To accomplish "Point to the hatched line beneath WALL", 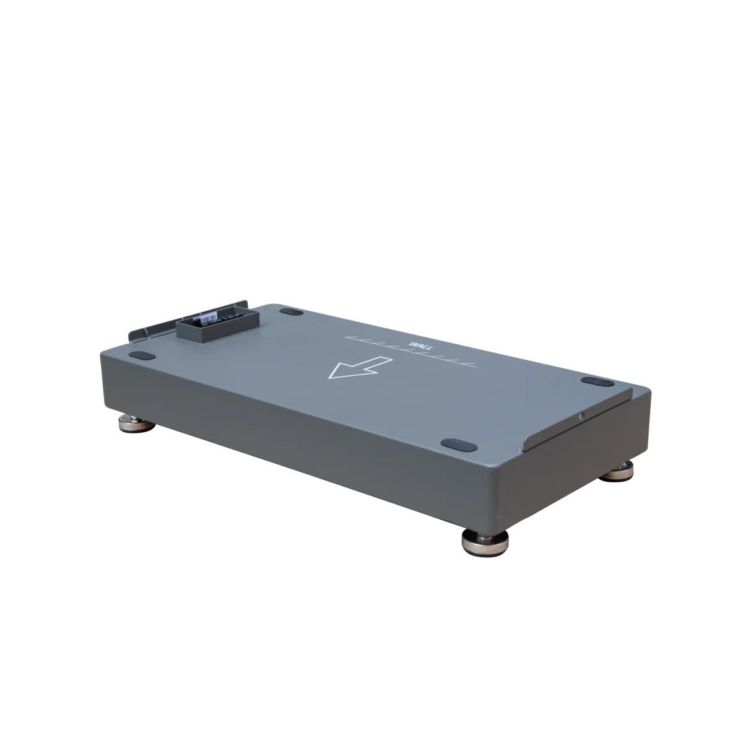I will coord(409,353).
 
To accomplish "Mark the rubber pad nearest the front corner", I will coord(458,443).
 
